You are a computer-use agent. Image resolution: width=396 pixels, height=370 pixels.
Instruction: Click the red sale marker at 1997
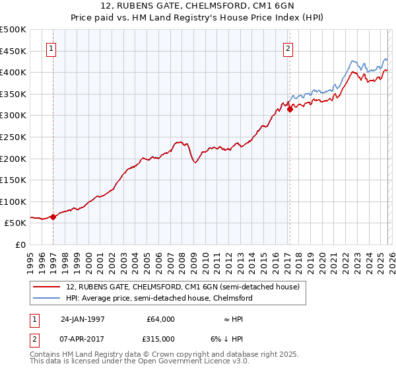[53, 217]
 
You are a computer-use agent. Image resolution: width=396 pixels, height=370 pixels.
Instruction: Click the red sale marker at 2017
[290, 110]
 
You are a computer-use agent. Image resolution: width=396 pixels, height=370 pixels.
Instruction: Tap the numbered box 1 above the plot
[51, 48]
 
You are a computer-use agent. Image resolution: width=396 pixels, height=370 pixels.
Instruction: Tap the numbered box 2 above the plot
[288, 48]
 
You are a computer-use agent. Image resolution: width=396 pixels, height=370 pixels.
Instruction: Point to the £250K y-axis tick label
[13, 137]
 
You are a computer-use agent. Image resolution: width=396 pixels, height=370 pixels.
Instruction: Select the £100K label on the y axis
[13, 202]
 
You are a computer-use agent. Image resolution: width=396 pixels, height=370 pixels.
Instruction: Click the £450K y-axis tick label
[13, 51]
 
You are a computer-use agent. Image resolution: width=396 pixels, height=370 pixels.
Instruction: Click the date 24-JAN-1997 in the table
[82, 319]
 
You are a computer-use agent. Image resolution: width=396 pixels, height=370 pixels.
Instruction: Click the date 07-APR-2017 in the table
[82, 338]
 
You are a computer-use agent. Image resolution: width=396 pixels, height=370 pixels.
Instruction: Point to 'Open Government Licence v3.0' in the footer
[193, 362]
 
